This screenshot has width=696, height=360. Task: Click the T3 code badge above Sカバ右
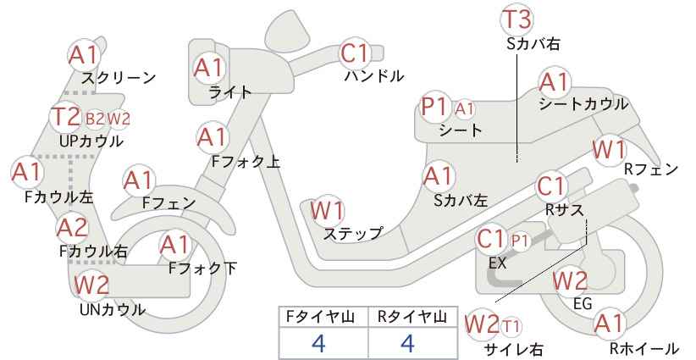pyautogui.click(x=517, y=19)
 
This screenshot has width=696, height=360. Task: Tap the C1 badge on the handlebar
pyautogui.click(x=356, y=53)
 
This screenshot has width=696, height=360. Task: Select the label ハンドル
pyautogui.click(x=374, y=76)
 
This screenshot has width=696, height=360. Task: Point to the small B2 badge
pyautogui.click(x=95, y=119)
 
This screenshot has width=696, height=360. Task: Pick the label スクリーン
pyautogui.click(x=119, y=78)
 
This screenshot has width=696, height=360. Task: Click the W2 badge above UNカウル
pyautogui.click(x=91, y=285)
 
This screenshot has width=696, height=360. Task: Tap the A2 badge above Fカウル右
pyautogui.click(x=74, y=228)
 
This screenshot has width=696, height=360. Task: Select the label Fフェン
pyautogui.click(x=168, y=202)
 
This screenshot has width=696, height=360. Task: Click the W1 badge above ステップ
pyautogui.click(x=327, y=210)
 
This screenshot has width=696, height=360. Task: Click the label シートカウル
pyautogui.click(x=583, y=104)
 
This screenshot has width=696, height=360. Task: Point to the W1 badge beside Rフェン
pyautogui.click(x=609, y=150)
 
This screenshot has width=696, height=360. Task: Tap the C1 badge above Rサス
pyautogui.click(x=551, y=186)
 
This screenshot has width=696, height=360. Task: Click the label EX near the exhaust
pyautogui.click(x=497, y=263)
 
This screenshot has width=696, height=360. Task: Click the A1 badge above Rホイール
pyautogui.click(x=609, y=324)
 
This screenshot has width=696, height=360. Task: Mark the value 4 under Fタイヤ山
pyautogui.click(x=318, y=343)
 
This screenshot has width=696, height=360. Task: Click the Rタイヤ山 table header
pyautogui.click(x=412, y=317)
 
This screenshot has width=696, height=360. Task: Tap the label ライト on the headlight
pyautogui.click(x=230, y=91)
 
